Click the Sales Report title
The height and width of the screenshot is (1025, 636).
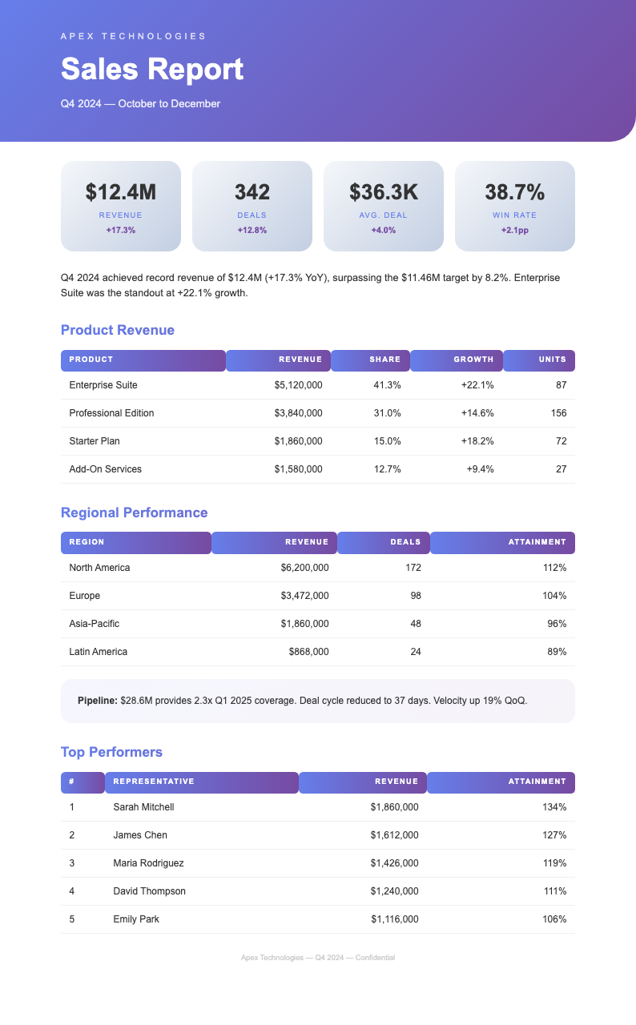point(152,70)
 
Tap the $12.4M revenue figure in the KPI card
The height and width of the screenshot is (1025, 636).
point(121,192)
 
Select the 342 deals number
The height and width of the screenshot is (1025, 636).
point(252,192)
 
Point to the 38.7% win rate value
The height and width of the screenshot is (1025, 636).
point(514,192)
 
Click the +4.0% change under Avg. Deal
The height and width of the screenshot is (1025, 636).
point(383,231)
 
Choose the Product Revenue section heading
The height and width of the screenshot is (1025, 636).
point(118,330)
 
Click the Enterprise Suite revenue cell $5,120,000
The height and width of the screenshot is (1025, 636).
point(298,385)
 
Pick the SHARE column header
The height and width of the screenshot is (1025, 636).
point(384,360)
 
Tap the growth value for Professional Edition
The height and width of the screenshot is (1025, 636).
point(477,413)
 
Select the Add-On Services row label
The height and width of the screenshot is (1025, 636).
point(106,469)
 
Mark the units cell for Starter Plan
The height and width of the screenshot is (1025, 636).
point(561,441)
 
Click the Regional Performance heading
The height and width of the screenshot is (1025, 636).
point(135,512)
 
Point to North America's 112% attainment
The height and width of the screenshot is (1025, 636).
point(554,568)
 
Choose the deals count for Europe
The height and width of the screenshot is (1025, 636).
point(415,596)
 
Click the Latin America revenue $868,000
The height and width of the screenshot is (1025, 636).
point(308,652)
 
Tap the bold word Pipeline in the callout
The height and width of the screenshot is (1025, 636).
point(97,701)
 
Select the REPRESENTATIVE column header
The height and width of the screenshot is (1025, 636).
point(154,782)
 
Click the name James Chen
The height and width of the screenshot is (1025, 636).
point(140,835)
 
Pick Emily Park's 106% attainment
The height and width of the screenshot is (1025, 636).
point(554,919)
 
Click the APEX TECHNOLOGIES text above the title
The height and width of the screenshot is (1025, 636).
point(134,36)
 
